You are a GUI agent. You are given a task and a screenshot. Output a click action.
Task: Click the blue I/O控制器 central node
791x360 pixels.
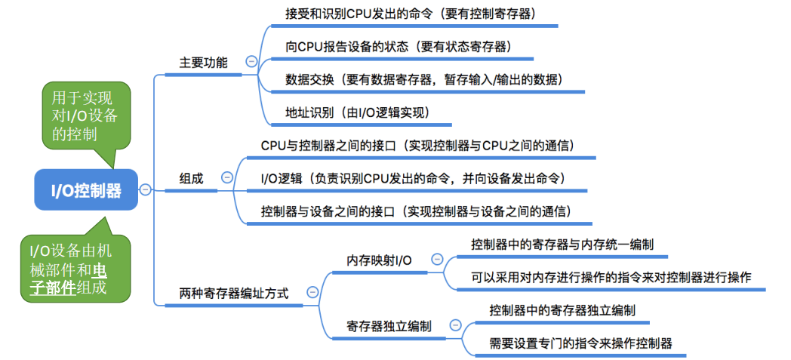pos(86,189)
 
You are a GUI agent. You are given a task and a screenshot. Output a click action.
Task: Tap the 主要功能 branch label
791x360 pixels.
pos(203,63)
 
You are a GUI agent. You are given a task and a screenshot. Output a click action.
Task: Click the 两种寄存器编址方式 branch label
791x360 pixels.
pos(234,293)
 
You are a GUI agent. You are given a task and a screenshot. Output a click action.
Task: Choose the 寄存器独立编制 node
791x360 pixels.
pos(389,326)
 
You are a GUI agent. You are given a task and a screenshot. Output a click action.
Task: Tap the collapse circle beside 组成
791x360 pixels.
pos(226,177)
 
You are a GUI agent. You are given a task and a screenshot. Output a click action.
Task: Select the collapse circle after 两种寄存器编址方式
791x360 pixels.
pos(312,293)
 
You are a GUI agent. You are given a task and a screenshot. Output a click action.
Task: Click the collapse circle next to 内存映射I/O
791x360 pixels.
pos(436,259)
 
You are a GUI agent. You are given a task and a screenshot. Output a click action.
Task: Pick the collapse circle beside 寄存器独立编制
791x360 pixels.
pos(455,325)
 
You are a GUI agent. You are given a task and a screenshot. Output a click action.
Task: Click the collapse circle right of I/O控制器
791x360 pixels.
pos(146,189)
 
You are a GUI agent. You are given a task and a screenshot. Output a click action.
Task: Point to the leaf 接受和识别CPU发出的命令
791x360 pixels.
pos(411,14)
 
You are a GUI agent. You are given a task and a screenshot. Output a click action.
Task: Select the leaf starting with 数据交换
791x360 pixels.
pos(423,79)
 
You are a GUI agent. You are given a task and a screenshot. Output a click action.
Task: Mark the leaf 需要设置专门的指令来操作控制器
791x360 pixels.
pos(580,343)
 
